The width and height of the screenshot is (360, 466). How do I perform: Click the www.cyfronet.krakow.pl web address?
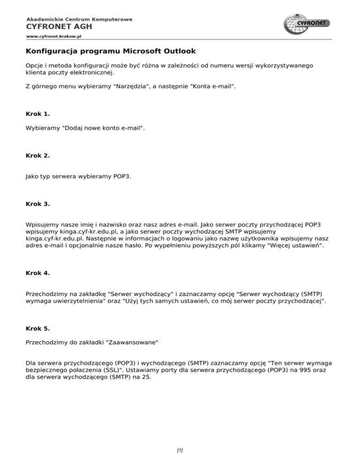point(54,35)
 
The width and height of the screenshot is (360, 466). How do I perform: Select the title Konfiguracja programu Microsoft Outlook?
point(111,51)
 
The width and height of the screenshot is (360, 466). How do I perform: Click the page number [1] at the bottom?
point(180,450)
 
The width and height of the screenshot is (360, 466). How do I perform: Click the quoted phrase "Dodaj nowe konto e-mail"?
point(103,128)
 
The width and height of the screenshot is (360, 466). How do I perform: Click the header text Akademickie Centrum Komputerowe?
point(79,19)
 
